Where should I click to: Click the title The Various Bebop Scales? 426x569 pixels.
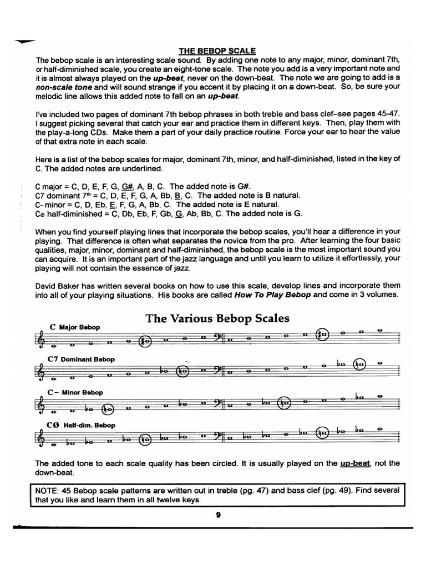point(217,318)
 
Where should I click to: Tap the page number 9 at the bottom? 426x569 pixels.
point(219,515)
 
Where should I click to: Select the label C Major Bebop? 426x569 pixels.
point(75,327)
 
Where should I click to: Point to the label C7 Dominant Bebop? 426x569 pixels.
point(82,359)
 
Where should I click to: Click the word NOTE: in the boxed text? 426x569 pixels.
point(47,491)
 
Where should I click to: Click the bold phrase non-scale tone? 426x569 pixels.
point(60,87)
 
